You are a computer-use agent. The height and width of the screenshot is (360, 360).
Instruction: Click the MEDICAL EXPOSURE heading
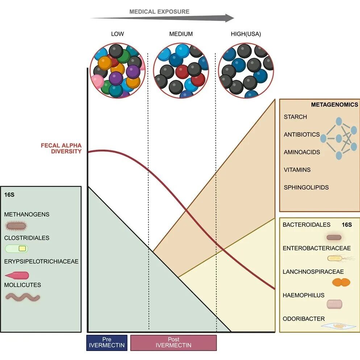(x=159, y=12)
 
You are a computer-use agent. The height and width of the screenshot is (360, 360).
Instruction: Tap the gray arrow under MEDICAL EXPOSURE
(x=162, y=18)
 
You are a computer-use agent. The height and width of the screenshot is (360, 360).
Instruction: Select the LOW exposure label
(x=117, y=34)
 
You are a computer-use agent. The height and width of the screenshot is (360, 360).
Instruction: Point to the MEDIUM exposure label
(x=181, y=34)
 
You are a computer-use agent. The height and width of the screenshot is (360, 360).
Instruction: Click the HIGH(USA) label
(x=246, y=34)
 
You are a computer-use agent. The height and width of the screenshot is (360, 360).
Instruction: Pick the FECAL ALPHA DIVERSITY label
(x=61, y=148)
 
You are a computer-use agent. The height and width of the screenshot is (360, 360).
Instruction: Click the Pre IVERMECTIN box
(x=107, y=343)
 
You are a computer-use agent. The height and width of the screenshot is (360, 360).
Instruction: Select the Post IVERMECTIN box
(x=173, y=343)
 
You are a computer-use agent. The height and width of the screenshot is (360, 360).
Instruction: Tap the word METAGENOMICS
(x=334, y=105)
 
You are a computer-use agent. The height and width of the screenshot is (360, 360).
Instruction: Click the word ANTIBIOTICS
(x=302, y=134)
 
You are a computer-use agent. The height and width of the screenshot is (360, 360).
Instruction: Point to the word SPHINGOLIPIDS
(x=306, y=187)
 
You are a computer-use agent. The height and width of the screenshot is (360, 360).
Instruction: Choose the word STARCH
(x=295, y=117)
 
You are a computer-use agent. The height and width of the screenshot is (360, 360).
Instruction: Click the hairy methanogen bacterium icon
(x=16, y=226)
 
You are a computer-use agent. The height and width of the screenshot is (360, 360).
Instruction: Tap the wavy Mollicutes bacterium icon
(x=23, y=297)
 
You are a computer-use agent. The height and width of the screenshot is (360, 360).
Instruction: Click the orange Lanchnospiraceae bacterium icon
(x=341, y=282)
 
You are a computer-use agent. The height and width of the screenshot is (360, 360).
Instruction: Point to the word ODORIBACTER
(x=304, y=319)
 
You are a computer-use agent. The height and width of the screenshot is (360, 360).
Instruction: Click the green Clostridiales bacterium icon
(x=16, y=249)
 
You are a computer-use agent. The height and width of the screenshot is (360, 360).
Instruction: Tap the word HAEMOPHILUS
(x=303, y=295)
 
